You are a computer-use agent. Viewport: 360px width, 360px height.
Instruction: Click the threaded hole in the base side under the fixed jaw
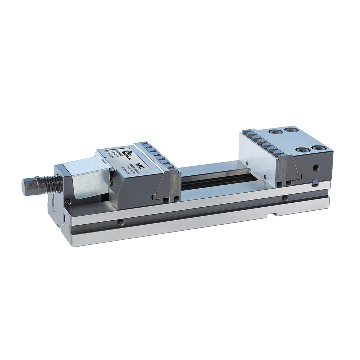[285, 198]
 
